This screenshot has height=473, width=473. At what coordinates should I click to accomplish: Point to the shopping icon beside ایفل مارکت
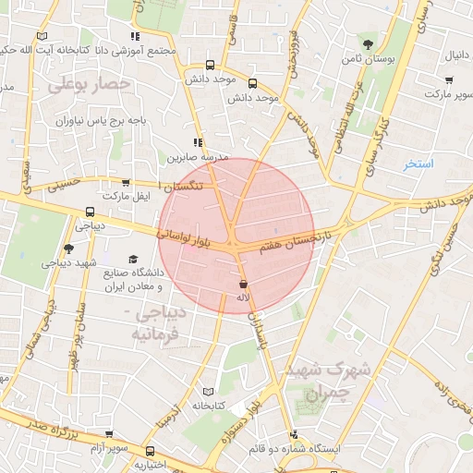tap(126, 183)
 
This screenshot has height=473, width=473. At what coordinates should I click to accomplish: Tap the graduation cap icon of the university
tap(133, 260)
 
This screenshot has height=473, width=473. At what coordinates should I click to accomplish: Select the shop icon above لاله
tap(243, 285)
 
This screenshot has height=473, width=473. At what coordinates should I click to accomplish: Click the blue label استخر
tap(418, 164)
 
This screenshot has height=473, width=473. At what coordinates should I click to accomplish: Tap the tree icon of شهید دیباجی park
tap(68, 249)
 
